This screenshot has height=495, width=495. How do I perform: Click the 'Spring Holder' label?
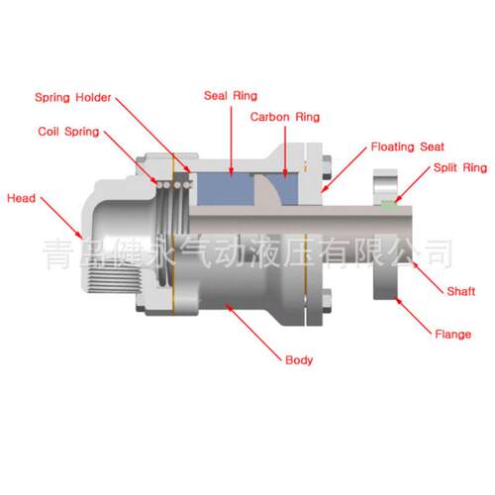tap(73, 98)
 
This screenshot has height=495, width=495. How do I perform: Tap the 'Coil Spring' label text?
tap(68, 132)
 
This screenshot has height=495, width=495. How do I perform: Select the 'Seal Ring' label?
tap(231, 96)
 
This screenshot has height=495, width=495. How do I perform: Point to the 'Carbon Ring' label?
tap(285, 117)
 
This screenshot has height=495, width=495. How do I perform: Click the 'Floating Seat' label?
tap(408, 147)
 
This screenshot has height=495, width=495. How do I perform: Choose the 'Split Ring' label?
tap(460, 167)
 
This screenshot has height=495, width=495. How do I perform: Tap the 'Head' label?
tap(21, 198)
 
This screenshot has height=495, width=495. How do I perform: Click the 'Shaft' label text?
tap(461, 291)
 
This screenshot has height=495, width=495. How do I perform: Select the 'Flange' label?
tap(453, 335)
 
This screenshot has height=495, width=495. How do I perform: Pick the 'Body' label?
tap(299, 360)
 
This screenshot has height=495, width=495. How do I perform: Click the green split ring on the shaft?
tap(389, 204)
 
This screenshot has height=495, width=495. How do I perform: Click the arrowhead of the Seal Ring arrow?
tap(232, 172)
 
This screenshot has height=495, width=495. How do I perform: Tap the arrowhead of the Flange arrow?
tap(398, 300)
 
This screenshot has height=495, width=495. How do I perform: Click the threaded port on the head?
tap(113, 279)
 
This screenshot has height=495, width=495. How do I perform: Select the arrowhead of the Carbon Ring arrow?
tap(285, 172)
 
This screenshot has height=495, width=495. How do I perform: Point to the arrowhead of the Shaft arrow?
tap(414, 263)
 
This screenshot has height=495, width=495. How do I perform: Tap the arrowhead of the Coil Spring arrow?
tap(155, 181)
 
